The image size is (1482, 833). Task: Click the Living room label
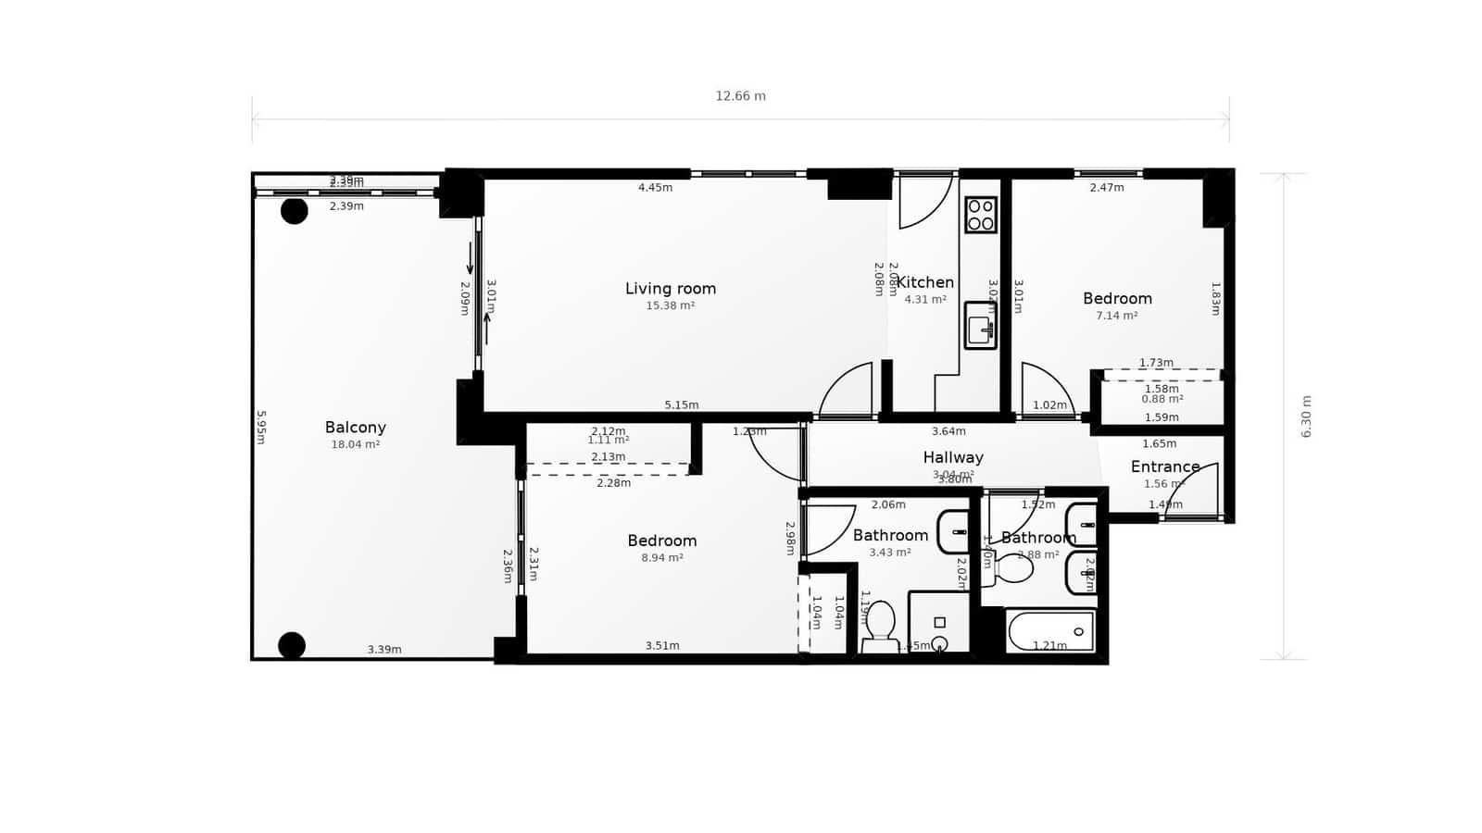(x=670, y=289)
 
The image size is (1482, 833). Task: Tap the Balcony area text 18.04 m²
(x=356, y=444)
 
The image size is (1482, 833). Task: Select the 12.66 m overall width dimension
(x=740, y=96)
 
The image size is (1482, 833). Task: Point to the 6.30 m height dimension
(x=1306, y=416)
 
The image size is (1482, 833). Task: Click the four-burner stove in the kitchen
(x=981, y=214)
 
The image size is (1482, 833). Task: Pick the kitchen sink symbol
(x=980, y=326)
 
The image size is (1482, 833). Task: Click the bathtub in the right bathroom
(x=1050, y=632)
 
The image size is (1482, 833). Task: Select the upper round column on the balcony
(x=295, y=211)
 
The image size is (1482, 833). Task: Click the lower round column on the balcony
(x=292, y=645)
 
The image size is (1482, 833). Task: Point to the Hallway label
(x=952, y=457)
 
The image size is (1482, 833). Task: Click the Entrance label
(x=1164, y=466)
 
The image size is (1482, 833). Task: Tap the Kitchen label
(x=924, y=282)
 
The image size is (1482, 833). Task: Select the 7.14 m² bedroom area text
(x=1116, y=316)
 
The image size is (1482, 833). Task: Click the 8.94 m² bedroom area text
(x=661, y=558)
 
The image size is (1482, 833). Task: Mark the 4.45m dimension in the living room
(x=655, y=188)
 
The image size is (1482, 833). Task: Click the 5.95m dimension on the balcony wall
(x=261, y=428)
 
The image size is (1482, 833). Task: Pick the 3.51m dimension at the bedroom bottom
(x=661, y=646)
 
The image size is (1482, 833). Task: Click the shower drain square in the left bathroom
(x=939, y=623)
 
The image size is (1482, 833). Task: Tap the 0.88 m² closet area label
(x=1162, y=399)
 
